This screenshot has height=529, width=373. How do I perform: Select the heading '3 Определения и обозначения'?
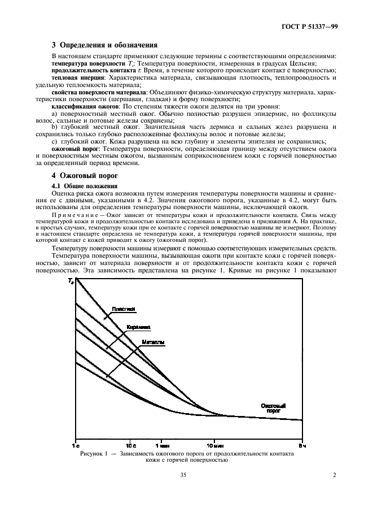click(x=104, y=45)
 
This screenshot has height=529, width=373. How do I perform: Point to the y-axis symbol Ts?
click(x=71, y=281)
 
